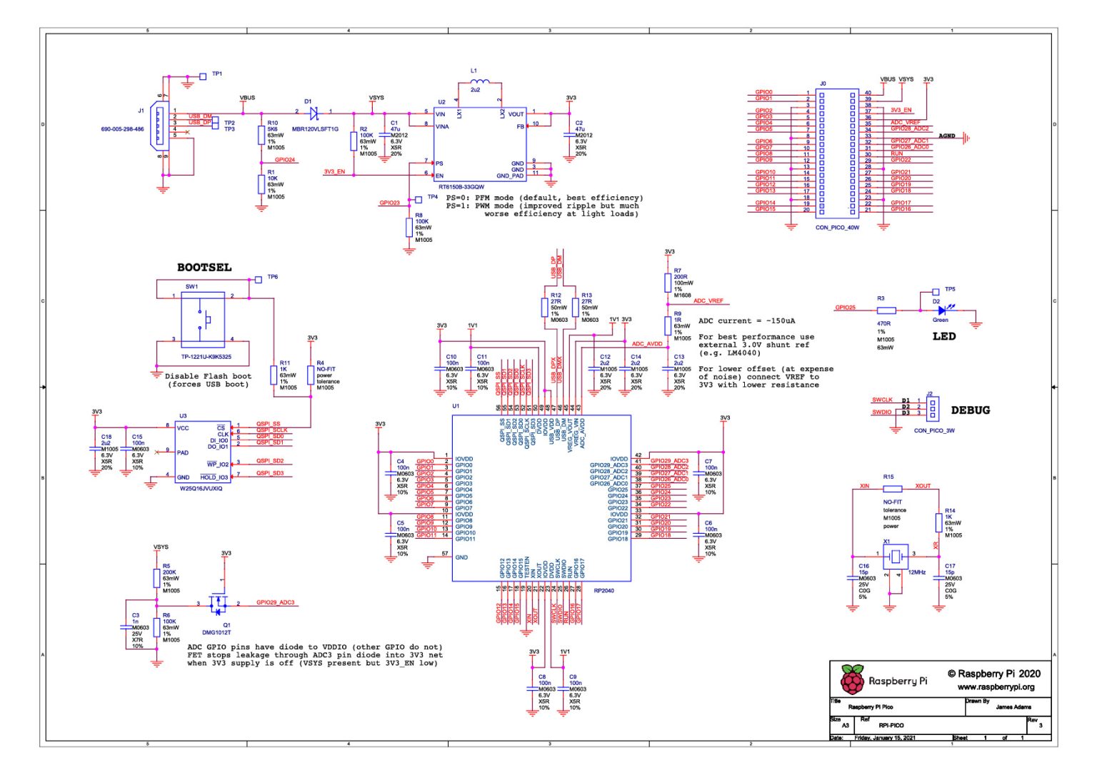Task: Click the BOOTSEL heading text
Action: click(204, 268)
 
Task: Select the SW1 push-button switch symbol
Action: click(204, 320)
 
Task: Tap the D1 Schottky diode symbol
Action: click(313, 113)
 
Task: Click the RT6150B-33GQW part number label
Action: click(461, 187)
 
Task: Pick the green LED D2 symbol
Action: click(942, 310)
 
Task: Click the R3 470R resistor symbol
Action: click(886, 310)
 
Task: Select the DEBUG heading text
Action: click(970, 410)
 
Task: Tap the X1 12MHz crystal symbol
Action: click(893, 554)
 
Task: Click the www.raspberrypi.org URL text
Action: click(996, 687)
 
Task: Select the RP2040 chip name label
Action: click(603, 591)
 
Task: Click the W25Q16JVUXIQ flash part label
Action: click(201, 489)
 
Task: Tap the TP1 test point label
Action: click(216, 74)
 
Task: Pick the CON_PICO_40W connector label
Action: click(837, 228)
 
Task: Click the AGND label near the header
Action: click(946, 136)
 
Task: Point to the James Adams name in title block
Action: click(1013, 706)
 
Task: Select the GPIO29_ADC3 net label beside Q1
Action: click(275, 603)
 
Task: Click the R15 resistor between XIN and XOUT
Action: click(892, 489)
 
